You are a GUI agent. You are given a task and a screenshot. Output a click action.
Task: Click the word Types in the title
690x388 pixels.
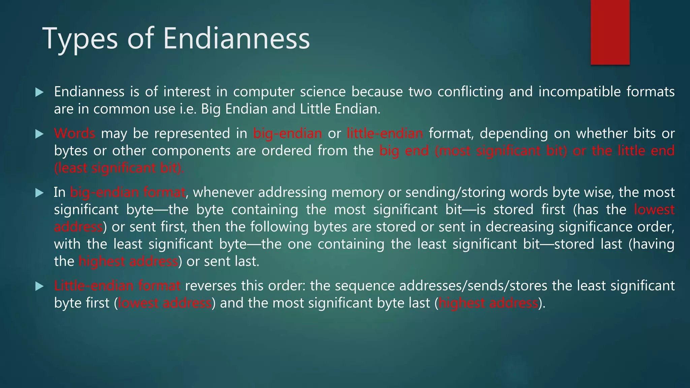80,39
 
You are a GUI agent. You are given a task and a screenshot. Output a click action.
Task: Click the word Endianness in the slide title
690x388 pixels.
236,38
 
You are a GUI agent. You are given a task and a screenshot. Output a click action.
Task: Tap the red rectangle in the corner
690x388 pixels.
610,32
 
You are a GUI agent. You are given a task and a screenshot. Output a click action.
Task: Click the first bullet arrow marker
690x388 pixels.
39,92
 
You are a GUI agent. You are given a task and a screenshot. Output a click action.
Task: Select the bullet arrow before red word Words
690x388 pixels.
39,134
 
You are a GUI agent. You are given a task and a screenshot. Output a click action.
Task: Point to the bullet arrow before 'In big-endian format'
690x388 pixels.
39,193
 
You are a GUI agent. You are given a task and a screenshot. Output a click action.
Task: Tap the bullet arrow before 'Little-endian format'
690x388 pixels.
39,286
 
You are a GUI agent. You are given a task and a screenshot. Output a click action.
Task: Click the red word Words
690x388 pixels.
74,134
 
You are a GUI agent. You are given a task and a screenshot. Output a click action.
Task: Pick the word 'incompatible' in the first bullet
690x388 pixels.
579,92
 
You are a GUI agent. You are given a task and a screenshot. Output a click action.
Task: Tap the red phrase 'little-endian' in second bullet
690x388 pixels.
385,134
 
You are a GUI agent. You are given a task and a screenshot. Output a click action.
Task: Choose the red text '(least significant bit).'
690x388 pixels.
119,168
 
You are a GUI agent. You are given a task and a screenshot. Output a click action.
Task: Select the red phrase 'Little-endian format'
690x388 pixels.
117,286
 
